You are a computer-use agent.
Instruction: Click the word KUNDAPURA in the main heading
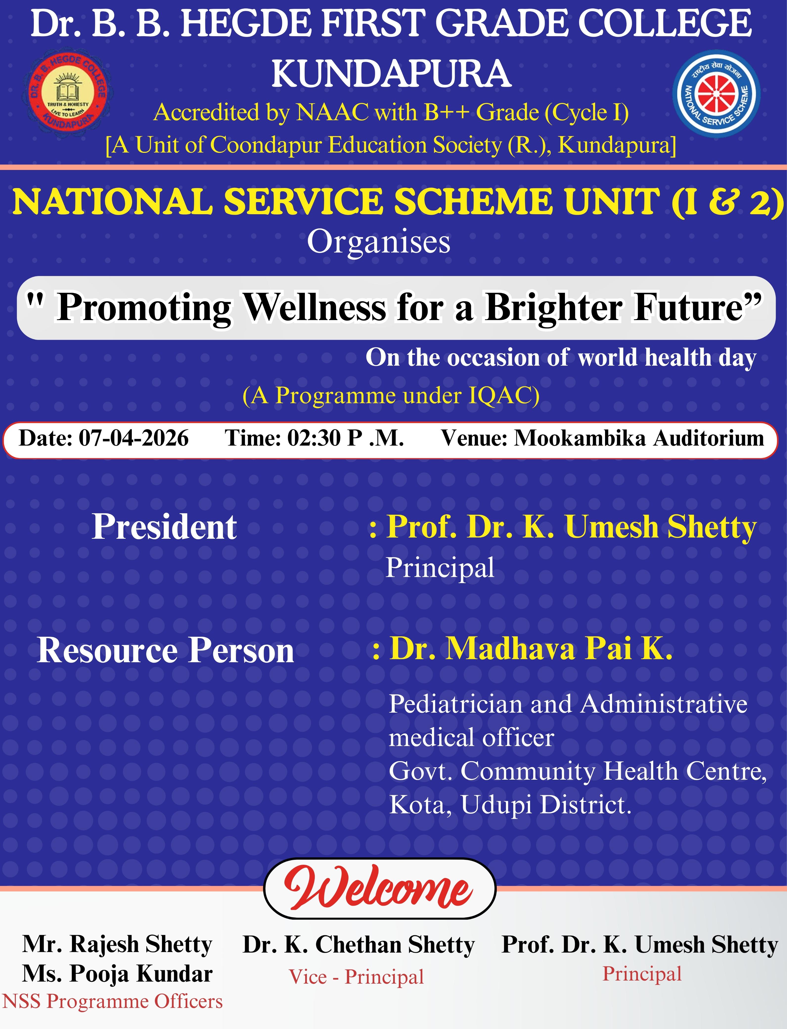click(392, 73)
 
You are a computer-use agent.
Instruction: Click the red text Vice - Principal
click(356, 977)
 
